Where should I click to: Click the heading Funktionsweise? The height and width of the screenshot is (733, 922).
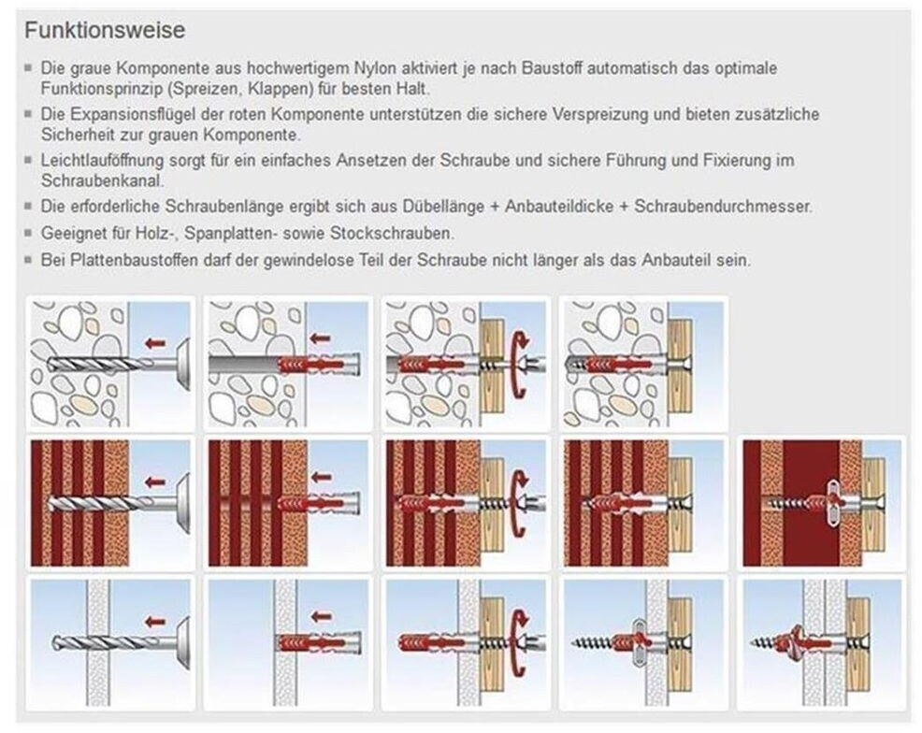(105, 30)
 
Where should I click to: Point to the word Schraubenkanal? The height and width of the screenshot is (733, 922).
(102, 180)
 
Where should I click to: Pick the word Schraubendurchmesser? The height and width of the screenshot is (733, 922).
(723, 207)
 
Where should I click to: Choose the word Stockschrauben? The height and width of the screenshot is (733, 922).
(392, 234)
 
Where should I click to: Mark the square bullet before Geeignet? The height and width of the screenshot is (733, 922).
(28, 233)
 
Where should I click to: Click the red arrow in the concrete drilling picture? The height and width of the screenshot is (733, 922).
(154, 343)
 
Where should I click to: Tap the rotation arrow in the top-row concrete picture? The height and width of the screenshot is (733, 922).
(519, 365)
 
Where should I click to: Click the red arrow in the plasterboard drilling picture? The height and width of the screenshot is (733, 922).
(154, 622)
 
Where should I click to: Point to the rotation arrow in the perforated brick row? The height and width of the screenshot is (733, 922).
(519, 504)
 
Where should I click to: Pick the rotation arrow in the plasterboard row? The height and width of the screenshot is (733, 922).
(519, 643)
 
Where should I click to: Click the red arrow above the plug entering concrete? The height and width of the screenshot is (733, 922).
(320, 338)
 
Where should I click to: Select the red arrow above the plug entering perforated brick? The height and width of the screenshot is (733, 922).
(320, 478)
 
